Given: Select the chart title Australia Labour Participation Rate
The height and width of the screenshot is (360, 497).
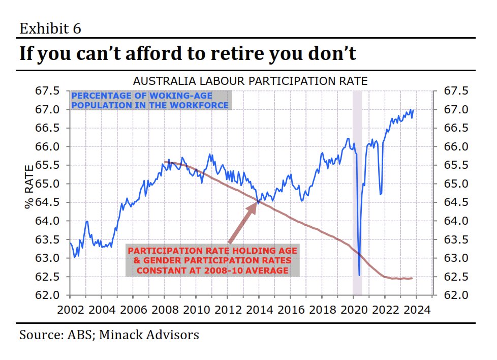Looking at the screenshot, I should click(x=250, y=81).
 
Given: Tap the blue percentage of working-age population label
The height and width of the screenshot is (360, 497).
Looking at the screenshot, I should click(x=150, y=101).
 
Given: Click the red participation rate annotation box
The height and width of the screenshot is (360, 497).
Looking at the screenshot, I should click(x=212, y=260).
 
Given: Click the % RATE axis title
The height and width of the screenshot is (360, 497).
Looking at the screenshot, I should click(x=29, y=187).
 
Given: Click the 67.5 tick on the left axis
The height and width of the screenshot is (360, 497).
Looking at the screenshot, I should click(x=47, y=91).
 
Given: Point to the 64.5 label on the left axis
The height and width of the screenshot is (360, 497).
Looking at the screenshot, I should click(x=47, y=202).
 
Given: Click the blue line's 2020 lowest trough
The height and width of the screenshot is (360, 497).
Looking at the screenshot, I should click(x=359, y=275).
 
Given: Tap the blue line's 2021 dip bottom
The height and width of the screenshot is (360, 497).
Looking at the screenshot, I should click(x=380, y=194).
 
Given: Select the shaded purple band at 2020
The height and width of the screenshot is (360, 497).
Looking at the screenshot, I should click(x=357, y=193).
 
